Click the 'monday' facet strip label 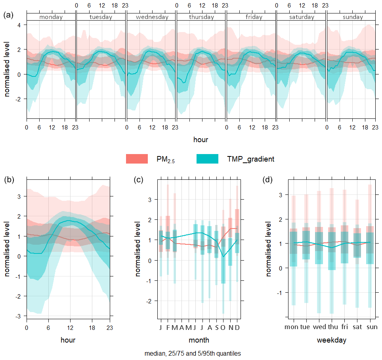click(51, 17)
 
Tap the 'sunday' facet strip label click(351, 17)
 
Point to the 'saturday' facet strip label click(301, 17)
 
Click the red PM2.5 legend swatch click(137, 159)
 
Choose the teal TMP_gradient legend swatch click(207, 159)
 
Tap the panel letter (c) click(139, 179)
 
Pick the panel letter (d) click(268, 179)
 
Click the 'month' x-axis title click(199, 340)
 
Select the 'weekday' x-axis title click(332, 340)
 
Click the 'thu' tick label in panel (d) click(332, 327)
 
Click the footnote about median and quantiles click(193, 353)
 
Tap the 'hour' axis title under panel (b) click(68, 340)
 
